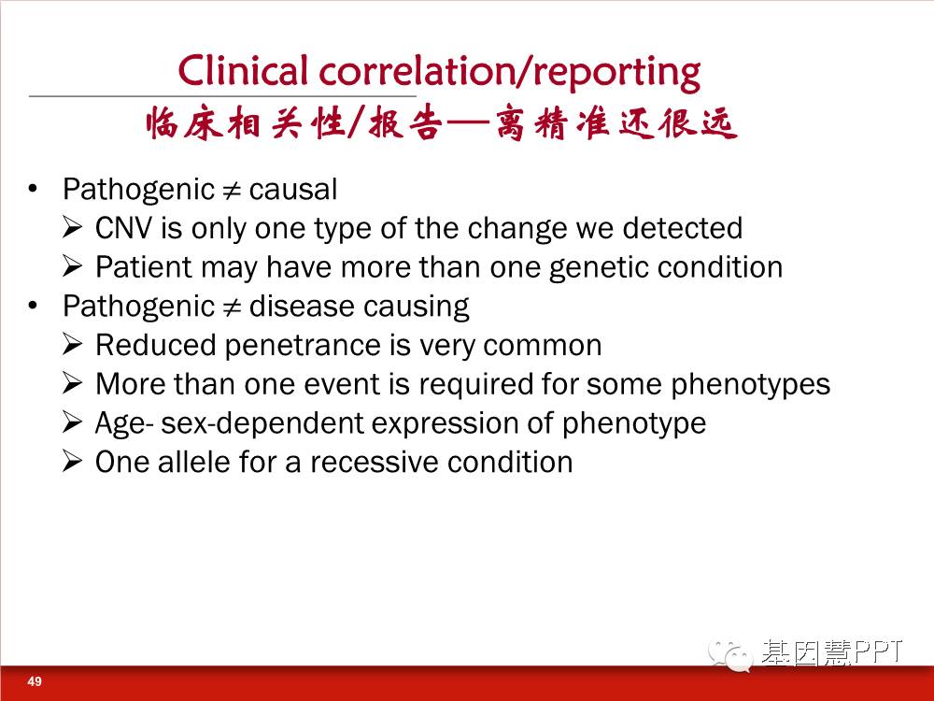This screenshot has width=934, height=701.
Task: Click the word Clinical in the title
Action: pyautogui.click(x=243, y=71)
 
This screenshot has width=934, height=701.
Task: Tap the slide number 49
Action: pyautogui.click(x=35, y=681)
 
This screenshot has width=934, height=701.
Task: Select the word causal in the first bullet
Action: pyautogui.click(x=293, y=190)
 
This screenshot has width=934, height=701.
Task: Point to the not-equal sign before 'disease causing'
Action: pyautogui.click(x=232, y=308)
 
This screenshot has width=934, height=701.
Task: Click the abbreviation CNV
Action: pyautogui.click(x=123, y=228)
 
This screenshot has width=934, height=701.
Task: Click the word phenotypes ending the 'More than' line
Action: pyautogui.click(x=751, y=385)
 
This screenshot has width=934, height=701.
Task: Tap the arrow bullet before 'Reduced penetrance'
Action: pyautogui.click(x=72, y=345)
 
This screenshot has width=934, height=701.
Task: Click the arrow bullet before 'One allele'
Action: pyautogui.click(x=72, y=462)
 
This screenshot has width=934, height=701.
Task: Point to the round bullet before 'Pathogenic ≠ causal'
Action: pyautogui.click(x=33, y=189)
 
